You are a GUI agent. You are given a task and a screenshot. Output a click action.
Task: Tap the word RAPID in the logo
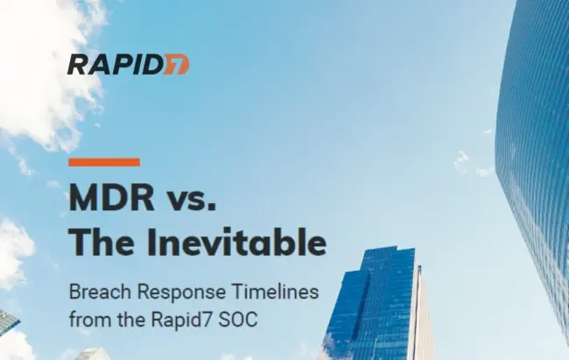pos(116,65)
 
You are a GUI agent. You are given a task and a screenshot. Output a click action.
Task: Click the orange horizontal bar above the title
pos(104,162)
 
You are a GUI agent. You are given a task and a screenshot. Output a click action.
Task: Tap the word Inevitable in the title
pos(236,242)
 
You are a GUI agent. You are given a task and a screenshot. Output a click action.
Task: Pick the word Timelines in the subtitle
pos(275,292)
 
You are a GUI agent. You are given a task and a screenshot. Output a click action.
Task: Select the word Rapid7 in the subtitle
pos(180,320)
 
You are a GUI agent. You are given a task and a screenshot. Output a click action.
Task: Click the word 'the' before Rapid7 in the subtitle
pos(130,320)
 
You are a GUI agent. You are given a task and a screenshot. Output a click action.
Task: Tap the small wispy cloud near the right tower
pos(461,162)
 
